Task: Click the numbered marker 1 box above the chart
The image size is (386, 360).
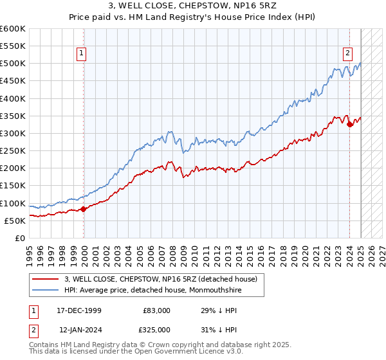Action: [83, 54]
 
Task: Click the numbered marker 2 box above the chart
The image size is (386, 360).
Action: [347, 54]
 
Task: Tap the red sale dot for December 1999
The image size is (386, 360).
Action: [84, 209]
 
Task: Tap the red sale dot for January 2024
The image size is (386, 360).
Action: [349, 125]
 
